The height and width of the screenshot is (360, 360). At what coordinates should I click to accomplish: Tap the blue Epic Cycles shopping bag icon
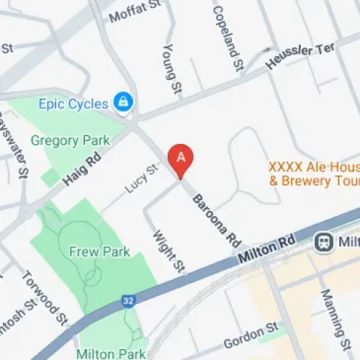click(x=125, y=102)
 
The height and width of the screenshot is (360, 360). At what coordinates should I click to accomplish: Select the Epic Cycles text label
click(x=78, y=104)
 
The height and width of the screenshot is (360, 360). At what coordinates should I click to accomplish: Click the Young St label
click(x=171, y=69)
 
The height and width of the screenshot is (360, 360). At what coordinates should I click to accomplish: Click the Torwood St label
click(x=45, y=297)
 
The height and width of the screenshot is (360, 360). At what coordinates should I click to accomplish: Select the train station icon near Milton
click(x=325, y=242)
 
